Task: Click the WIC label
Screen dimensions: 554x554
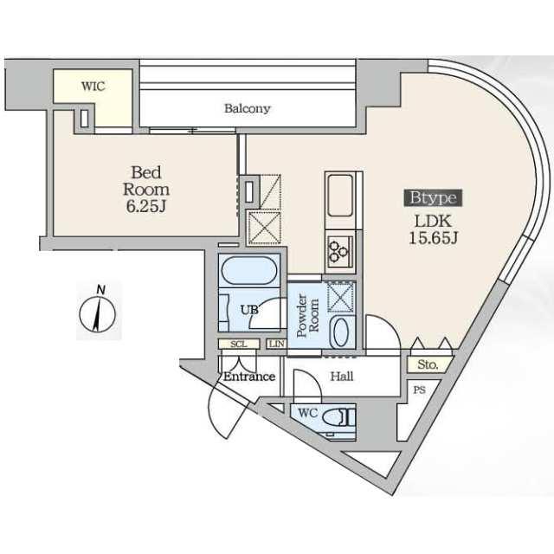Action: click(x=93, y=87)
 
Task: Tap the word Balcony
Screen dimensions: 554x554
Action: click(x=248, y=108)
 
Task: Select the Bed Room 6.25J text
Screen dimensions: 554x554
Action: click(x=146, y=190)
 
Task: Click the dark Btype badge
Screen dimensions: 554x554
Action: click(x=433, y=197)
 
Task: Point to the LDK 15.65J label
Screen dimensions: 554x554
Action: click(x=433, y=229)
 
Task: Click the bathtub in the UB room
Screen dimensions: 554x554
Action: click(x=249, y=270)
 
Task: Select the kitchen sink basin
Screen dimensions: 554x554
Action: click(x=340, y=196)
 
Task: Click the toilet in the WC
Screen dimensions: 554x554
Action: click(x=338, y=417)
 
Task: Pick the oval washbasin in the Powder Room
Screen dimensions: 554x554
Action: click(x=340, y=332)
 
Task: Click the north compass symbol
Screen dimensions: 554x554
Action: click(x=98, y=314)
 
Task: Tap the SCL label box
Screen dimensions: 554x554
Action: click(x=239, y=344)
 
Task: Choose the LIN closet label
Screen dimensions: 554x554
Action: click(x=277, y=344)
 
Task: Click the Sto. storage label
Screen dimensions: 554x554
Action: click(x=428, y=364)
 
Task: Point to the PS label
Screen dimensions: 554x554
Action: click(x=419, y=390)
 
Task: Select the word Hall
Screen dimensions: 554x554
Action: click(x=342, y=377)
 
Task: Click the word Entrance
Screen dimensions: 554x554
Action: click(x=249, y=377)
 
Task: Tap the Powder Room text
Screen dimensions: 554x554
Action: click(x=307, y=315)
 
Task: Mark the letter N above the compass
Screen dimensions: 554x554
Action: click(x=101, y=291)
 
